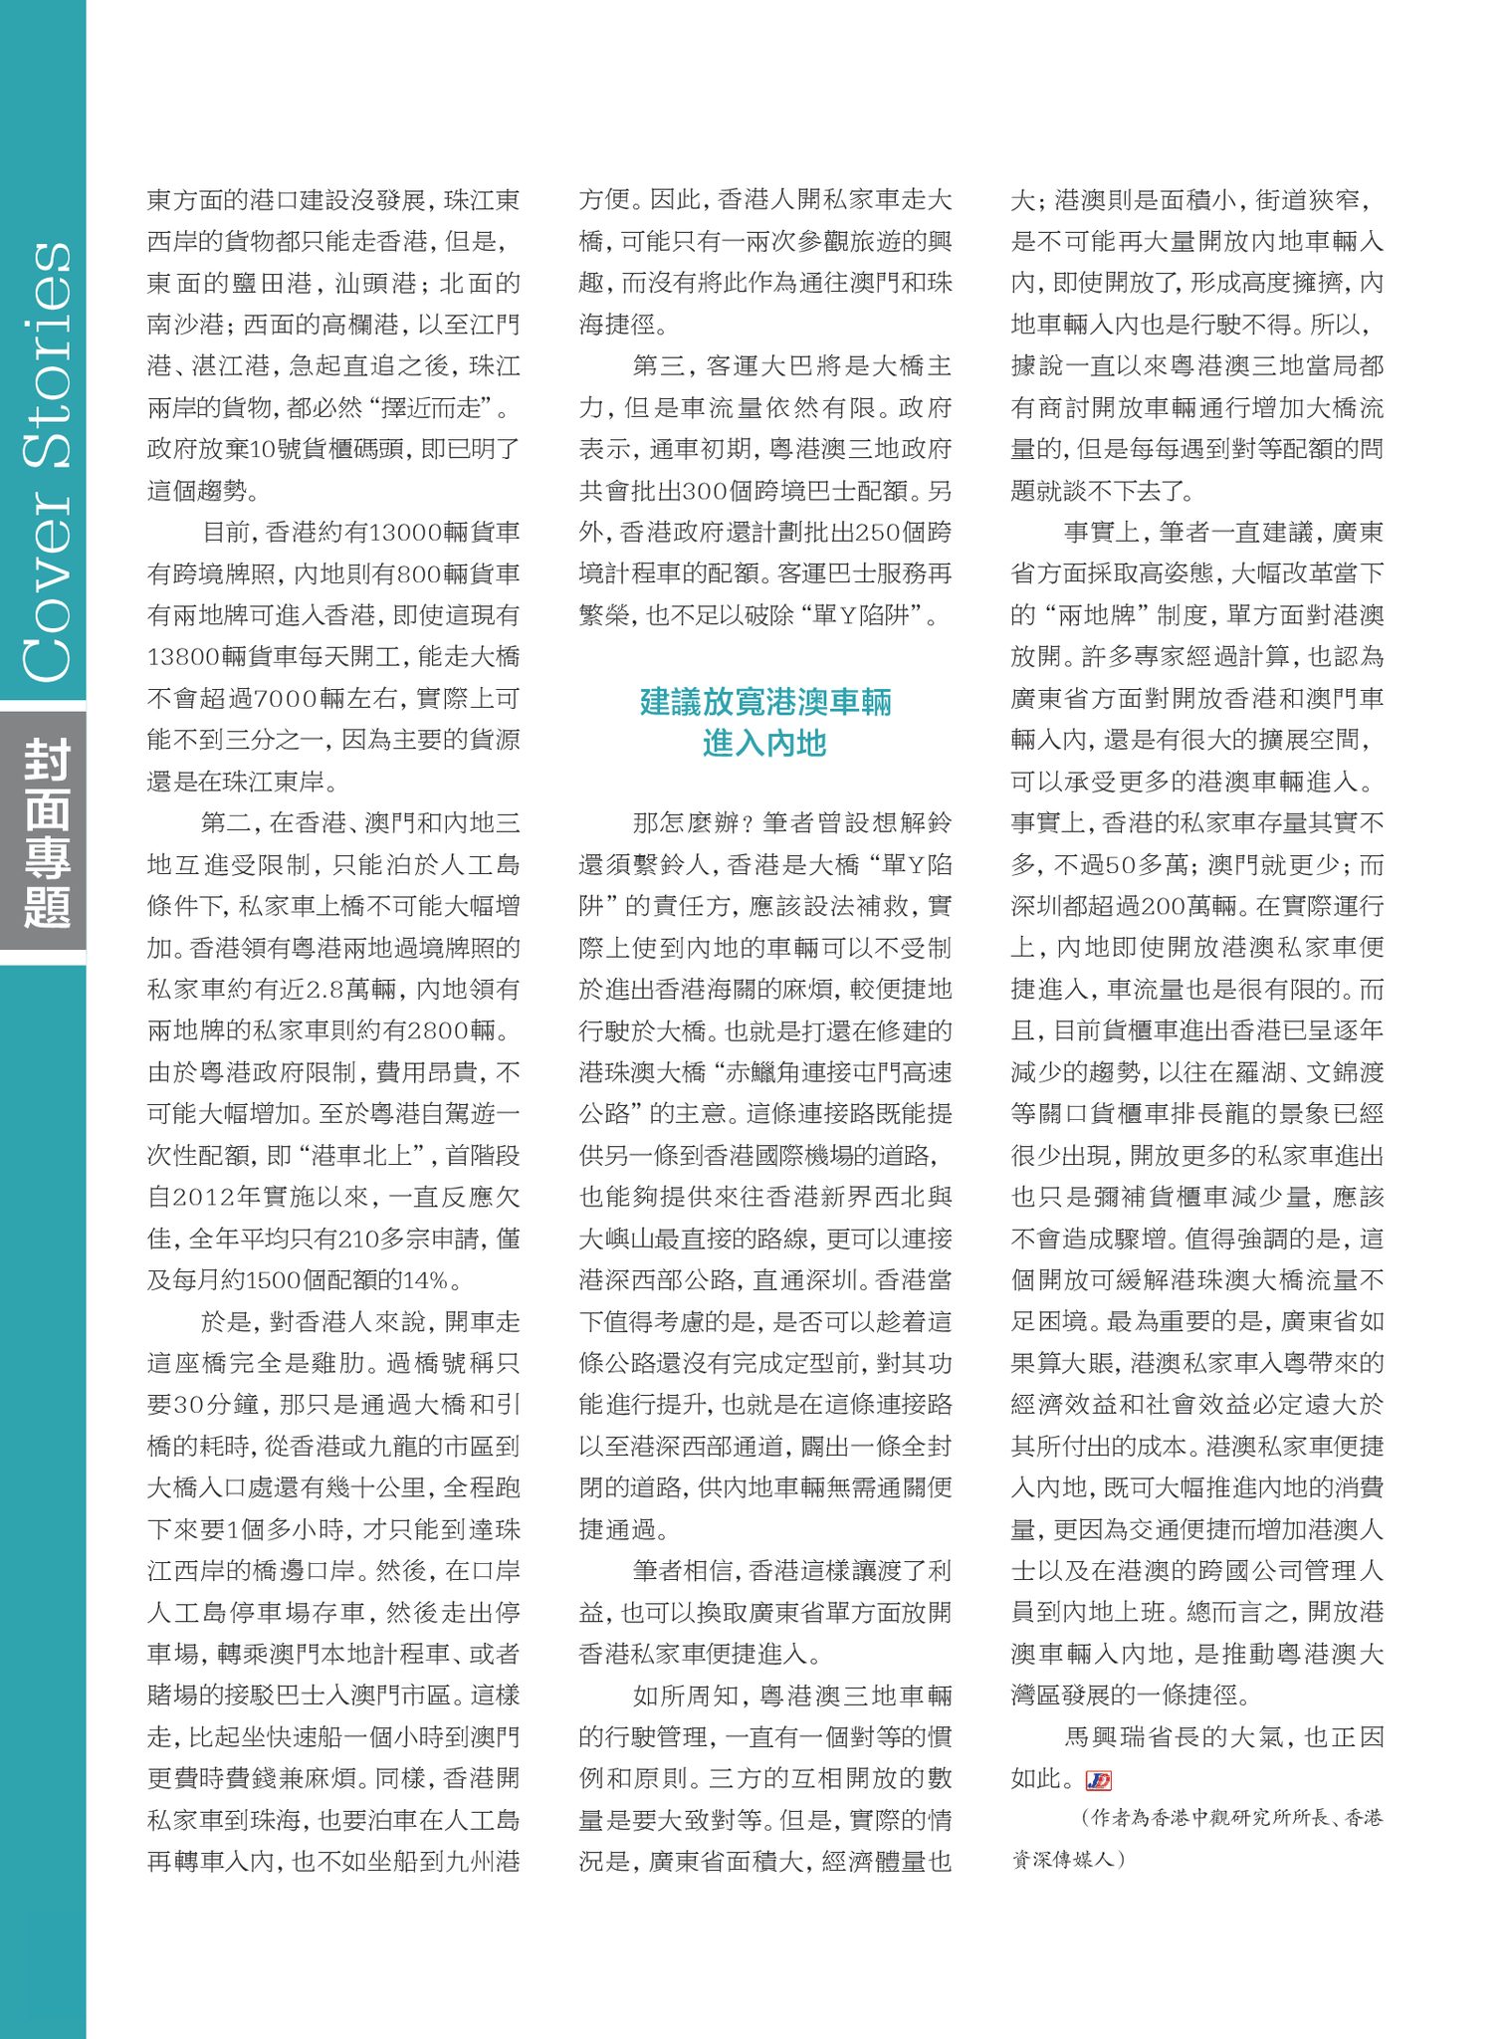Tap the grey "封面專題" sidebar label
pos(46,832)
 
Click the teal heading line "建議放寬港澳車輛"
pos(764,702)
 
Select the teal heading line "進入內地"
pos(764,744)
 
